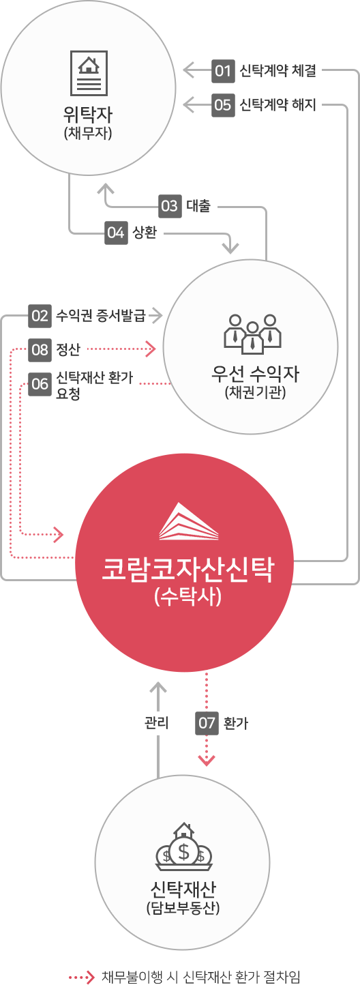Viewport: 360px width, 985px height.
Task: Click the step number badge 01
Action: click(223, 70)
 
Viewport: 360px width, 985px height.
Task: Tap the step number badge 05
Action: click(223, 105)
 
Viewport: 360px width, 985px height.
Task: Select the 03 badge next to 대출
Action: click(170, 206)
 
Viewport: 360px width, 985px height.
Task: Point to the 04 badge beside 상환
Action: click(116, 233)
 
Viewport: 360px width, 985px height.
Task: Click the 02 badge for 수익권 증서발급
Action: click(40, 316)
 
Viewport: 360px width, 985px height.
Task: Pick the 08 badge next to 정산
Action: click(40, 350)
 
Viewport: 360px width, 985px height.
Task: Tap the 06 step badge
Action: click(40, 384)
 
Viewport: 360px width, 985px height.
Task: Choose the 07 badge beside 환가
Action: click(207, 722)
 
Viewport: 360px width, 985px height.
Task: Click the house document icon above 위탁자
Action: click(89, 73)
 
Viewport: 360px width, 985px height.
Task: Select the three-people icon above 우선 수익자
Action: click(252, 334)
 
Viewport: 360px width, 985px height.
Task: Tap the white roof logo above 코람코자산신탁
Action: click(189, 521)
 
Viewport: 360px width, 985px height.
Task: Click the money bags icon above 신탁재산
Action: click(183, 847)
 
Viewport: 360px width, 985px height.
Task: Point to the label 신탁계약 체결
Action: click(277, 70)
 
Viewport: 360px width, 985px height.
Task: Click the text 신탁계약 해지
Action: click(277, 105)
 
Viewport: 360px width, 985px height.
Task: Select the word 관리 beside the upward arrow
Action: click(157, 722)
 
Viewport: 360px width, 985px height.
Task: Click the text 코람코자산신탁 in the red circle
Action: click(187, 570)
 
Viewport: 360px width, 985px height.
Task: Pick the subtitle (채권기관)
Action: click(256, 392)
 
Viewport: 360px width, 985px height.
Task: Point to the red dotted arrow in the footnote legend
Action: click(82, 977)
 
